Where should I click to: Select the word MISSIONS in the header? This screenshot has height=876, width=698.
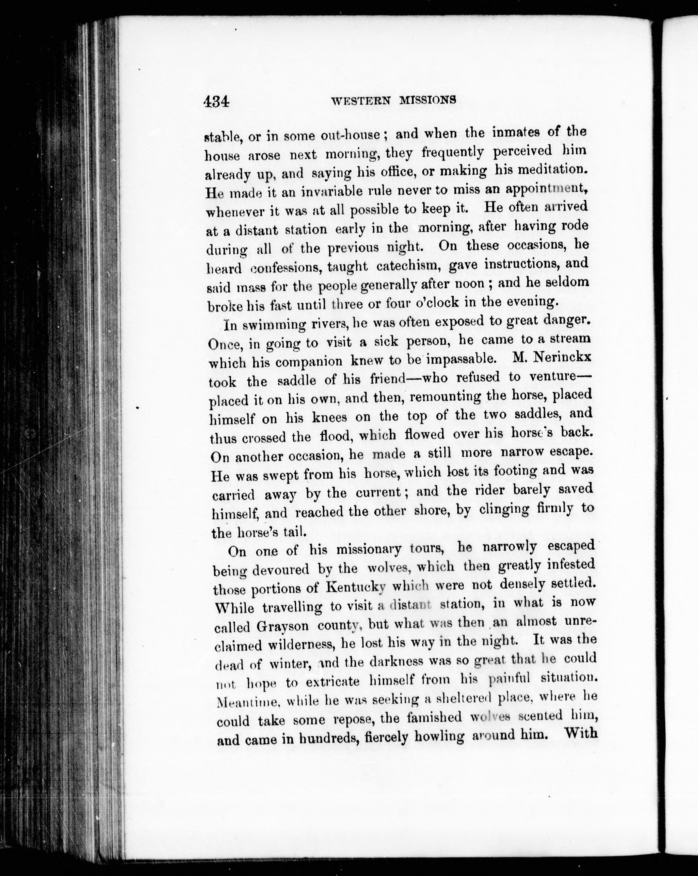pyautogui.click(x=428, y=100)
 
